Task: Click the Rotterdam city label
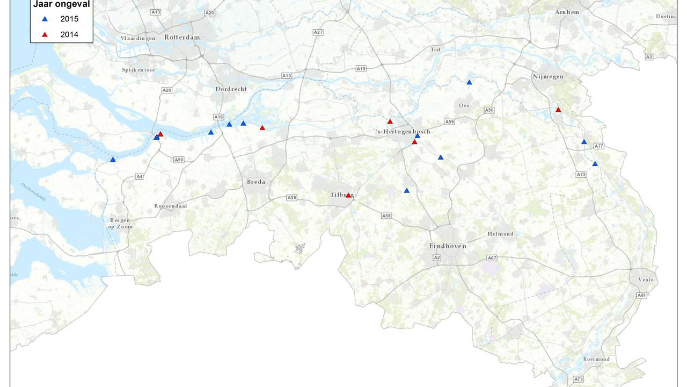tap(182, 38)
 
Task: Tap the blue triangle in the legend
tap(45, 19)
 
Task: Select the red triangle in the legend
tap(45, 35)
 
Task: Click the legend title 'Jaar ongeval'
tap(61, 5)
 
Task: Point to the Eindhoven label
tap(448, 246)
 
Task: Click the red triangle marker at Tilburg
tap(348, 195)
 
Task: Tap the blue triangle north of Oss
tap(469, 82)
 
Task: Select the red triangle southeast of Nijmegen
tap(558, 110)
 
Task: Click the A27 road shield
tap(318, 32)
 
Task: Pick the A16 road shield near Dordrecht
tap(218, 117)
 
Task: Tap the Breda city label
tap(256, 182)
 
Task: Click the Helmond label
tap(500, 234)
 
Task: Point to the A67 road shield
tap(492, 259)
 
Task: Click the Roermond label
tap(596, 359)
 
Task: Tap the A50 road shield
tap(489, 110)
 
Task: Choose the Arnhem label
tap(567, 12)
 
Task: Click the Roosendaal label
tap(171, 206)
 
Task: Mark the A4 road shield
tap(140, 176)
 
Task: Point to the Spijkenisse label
tap(138, 70)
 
